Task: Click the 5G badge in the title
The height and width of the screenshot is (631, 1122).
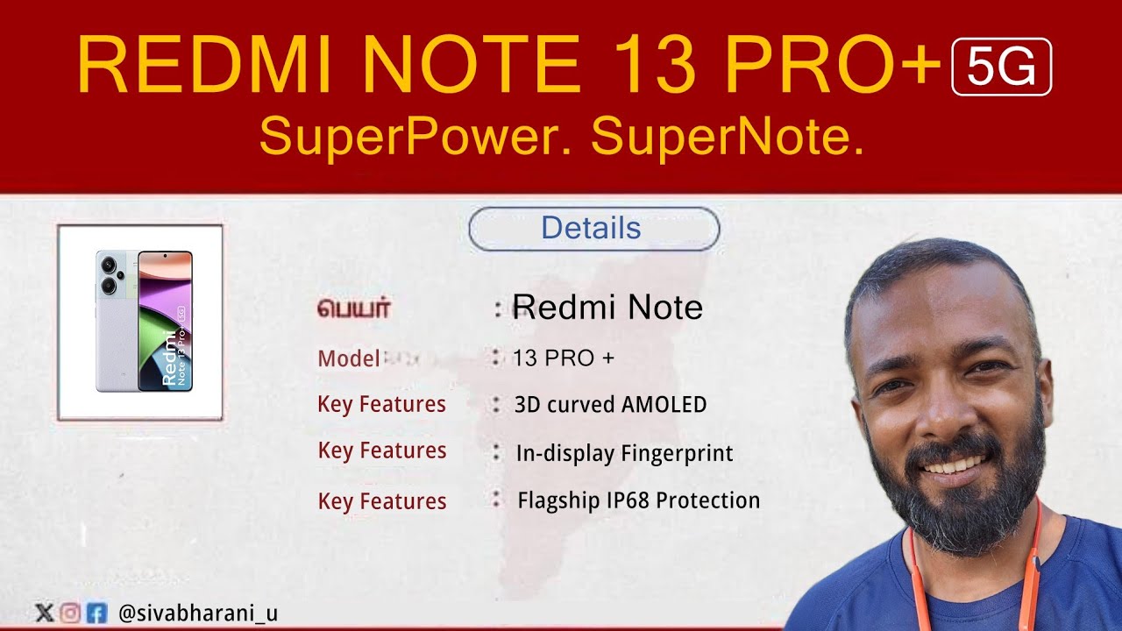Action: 1001,67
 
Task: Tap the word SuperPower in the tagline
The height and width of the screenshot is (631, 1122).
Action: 416,138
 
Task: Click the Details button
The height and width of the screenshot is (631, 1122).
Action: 593,229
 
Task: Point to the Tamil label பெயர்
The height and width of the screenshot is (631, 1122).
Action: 353,308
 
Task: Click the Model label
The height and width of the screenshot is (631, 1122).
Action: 349,358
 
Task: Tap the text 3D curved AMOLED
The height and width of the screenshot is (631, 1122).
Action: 610,405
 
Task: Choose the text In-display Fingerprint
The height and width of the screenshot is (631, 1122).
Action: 624,453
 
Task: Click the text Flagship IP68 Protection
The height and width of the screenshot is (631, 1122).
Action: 638,500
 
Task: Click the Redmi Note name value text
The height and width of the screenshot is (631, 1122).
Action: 607,308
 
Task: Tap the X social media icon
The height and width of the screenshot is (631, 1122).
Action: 43,613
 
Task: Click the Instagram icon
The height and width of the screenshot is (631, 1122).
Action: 70,613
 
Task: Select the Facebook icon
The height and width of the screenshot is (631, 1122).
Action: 96,613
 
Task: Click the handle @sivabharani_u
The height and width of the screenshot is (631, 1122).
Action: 197,613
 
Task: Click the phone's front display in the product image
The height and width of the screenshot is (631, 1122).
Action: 166,321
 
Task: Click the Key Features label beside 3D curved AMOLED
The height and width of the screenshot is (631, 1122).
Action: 381,405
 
